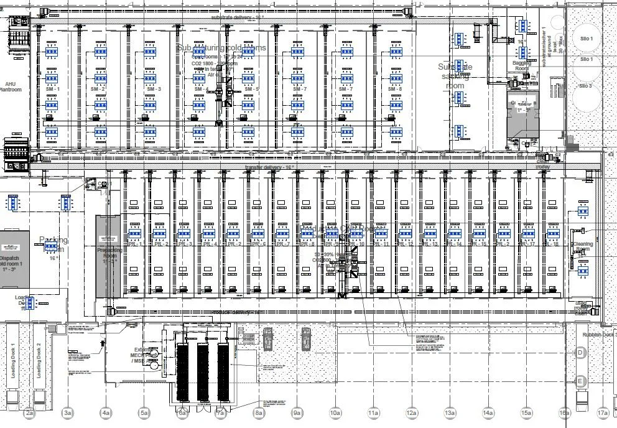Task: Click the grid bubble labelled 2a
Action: click(29, 412)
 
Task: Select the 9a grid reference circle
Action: click(297, 412)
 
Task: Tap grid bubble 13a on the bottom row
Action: click(450, 412)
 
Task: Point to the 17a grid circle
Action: click(602, 412)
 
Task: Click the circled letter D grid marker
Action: click(580, 353)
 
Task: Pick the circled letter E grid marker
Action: click(580, 381)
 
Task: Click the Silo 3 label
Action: click(587, 86)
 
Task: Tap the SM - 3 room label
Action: click(149, 90)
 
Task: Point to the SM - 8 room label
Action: click(396, 90)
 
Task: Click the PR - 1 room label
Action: click(134, 244)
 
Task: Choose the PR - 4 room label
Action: click(208, 244)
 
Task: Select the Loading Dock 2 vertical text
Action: click(38, 361)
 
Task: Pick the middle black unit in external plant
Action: click(202, 371)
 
